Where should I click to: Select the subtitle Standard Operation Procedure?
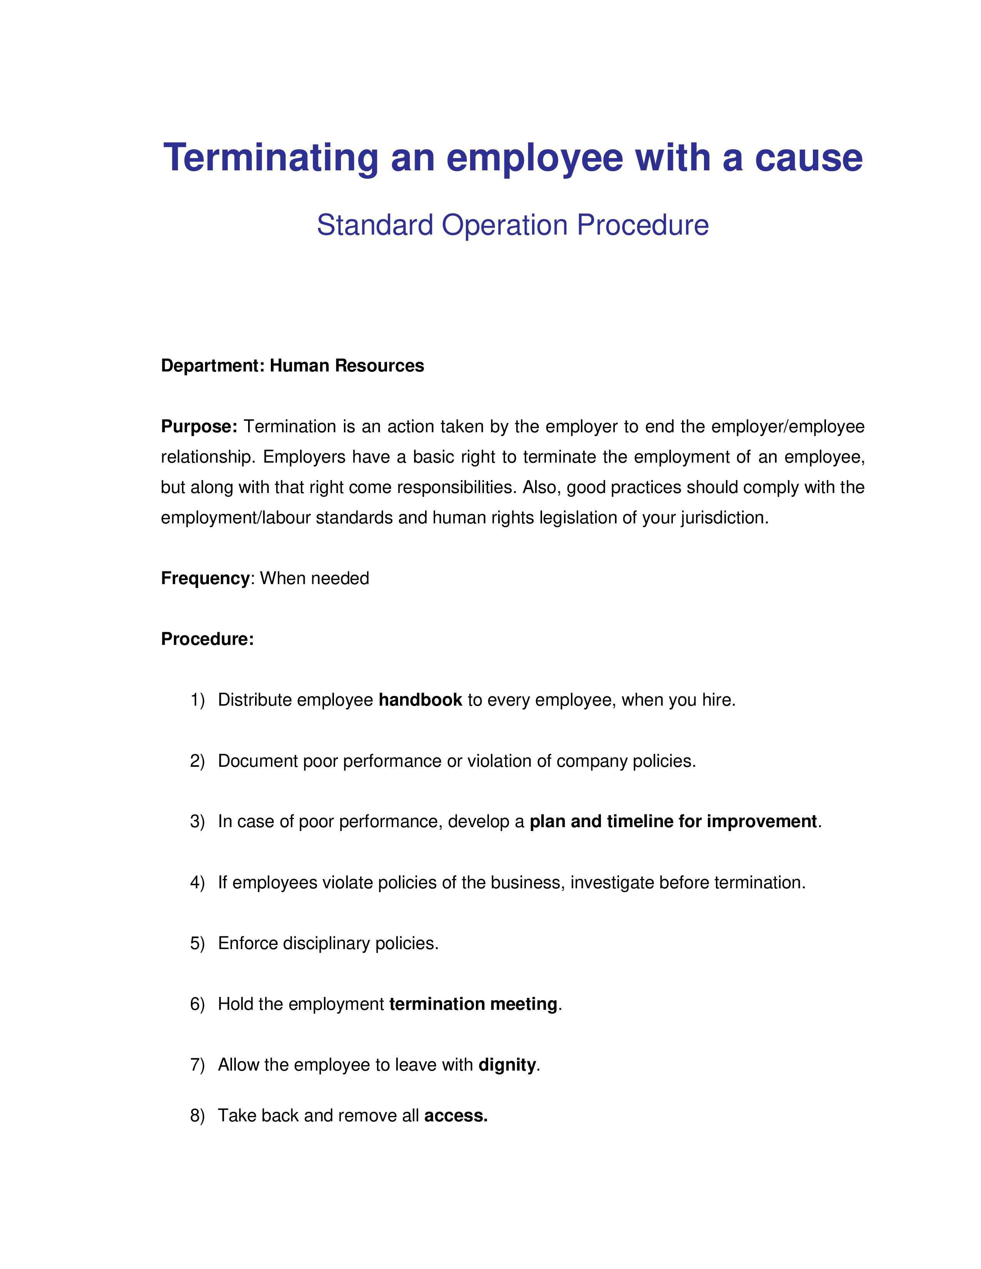tap(512, 225)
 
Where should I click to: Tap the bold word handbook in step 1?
tap(420, 700)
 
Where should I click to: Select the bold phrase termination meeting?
tap(473, 1004)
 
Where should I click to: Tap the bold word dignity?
tap(507, 1065)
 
